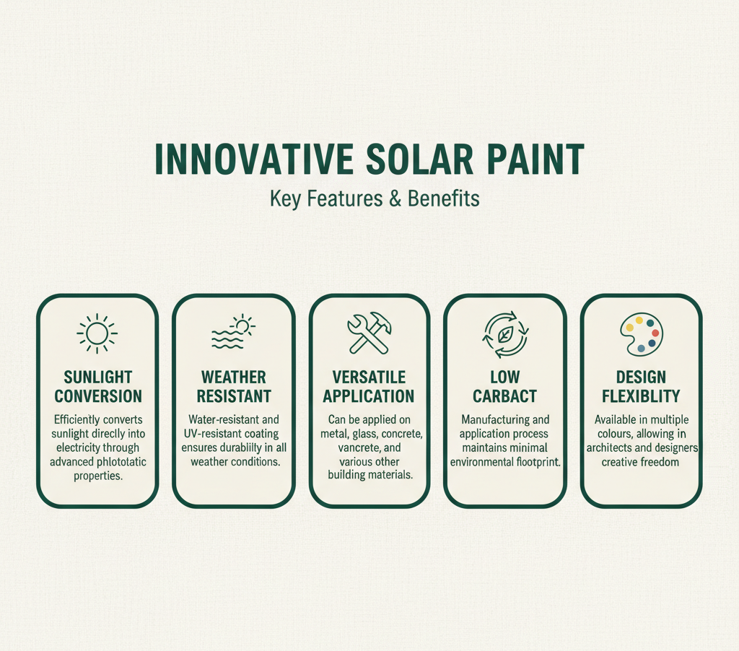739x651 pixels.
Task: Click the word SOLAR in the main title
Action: click(419, 160)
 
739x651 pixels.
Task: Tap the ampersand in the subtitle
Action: click(395, 198)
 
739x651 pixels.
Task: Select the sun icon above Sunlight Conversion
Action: click(97, 333)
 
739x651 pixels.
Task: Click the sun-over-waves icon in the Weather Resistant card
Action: click(233, 332)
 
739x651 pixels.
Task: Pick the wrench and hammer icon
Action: click(369, 333)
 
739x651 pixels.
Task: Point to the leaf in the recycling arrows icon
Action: click(505, 335)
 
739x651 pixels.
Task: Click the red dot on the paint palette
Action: click(655, 333)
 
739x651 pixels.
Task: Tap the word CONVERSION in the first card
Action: click(98, 396)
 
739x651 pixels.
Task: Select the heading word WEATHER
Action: click(234, 377)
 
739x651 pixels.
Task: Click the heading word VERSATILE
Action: click(369, 377)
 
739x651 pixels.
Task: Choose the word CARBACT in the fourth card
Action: click(504, 396)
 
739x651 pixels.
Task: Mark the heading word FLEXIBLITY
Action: click(641, 396)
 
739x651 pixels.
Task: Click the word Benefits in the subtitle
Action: click(444, 198)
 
